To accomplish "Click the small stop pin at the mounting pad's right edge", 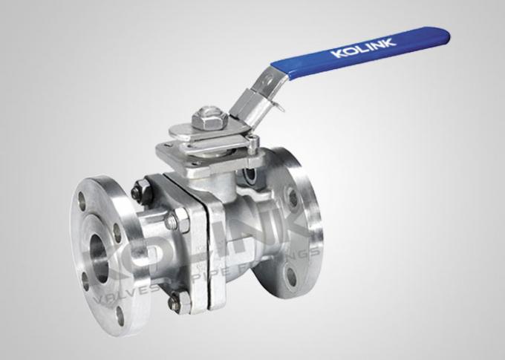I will tap(255, 143).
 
